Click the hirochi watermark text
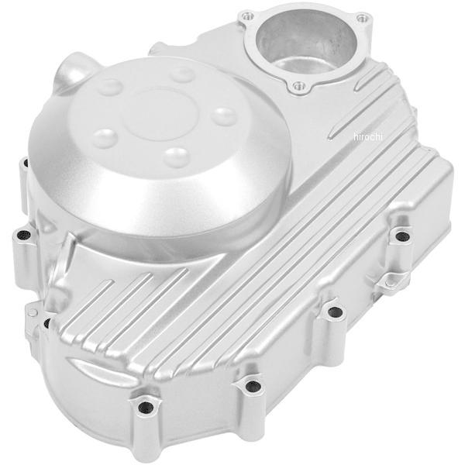pos(368,136)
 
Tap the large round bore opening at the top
pos(306,42)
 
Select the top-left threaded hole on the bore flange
pos(248,16)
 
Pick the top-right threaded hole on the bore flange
pos(362,19)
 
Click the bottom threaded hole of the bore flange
pos(297,86)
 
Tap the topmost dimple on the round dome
pos(182,74)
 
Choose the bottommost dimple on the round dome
pos(177,156)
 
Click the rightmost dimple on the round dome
pos(226,115)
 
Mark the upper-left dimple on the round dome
pos(111,86)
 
